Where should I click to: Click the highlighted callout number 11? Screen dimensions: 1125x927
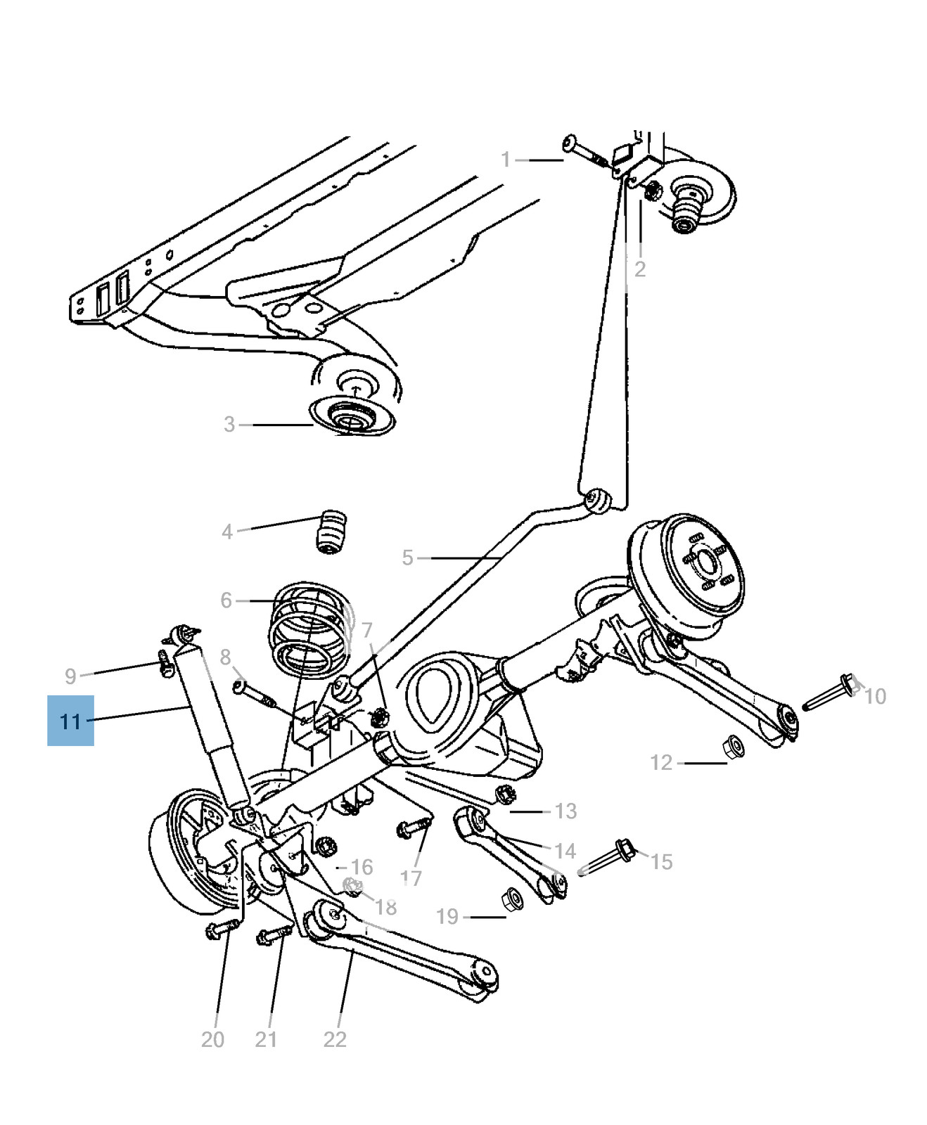point(70,721)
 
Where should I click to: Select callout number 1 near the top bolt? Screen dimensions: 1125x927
point(505,160)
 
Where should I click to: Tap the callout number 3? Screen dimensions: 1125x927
point(229,425)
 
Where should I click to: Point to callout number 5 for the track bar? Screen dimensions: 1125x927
point(407,558)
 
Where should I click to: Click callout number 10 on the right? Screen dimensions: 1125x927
point(874,696)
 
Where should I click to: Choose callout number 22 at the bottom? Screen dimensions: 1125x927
point(335,1039)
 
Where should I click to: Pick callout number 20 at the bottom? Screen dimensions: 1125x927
point(212,1039)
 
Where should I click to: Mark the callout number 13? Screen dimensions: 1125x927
point(565,811)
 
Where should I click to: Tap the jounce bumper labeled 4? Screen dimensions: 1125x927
point(330,532)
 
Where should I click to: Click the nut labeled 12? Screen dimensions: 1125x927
point(734,745)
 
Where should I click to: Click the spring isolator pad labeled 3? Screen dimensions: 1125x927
point(352,418)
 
